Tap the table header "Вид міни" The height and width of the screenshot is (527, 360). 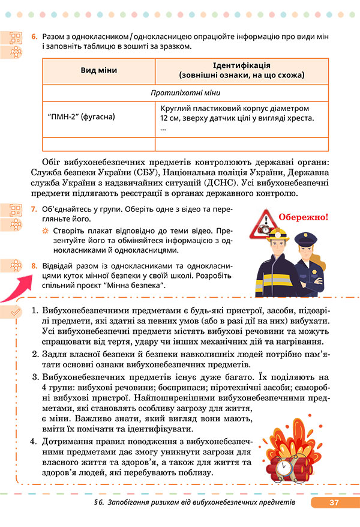(98, 70)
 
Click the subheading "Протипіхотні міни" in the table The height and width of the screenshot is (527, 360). (186, 93)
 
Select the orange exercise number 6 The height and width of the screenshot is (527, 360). (34, 37)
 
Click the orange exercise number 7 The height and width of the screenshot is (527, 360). (34, 211)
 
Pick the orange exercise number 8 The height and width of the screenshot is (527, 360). (34, 264)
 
